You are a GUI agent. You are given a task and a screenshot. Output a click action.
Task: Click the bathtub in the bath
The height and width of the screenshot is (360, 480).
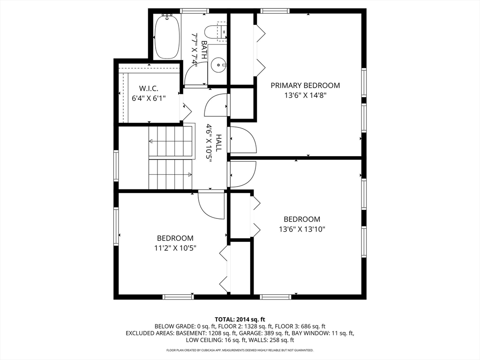[x=167, y=37]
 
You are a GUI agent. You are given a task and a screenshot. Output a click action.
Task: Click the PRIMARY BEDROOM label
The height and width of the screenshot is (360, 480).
[x=305, y=85]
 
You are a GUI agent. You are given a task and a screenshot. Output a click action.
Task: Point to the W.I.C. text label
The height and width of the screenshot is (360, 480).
[x=149, y=88]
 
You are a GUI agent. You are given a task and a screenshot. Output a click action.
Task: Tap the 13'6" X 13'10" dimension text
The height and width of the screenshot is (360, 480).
[x=302, y=229]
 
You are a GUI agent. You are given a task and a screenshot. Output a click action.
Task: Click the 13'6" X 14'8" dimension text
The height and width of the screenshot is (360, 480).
[x=305, y=95]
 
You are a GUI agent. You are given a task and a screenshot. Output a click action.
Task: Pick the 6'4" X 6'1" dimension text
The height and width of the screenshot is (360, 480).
[x=149, y=98]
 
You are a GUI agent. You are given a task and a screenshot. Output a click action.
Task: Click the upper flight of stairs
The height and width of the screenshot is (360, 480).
[x=171, y=141]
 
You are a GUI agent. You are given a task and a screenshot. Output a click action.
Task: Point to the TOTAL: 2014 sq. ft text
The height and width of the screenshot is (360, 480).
[x=240, y=319]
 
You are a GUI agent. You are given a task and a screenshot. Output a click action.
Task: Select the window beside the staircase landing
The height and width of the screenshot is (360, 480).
[x=116, y=165]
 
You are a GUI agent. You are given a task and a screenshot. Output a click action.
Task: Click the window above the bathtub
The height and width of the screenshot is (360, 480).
[x=195, y=11]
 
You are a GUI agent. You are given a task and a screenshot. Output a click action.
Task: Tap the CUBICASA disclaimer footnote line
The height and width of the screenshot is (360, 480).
[x=240, y=350]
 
